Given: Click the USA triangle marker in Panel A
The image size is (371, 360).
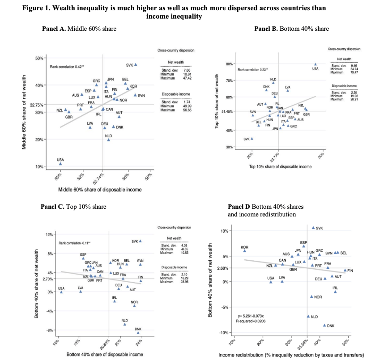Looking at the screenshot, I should pyautogui.click(x=60, y=164).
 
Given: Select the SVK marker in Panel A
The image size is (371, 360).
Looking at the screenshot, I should pyautogui.click(x=136, y=64).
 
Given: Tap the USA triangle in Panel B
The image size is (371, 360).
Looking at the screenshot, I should pyautogui.click(x=315, y=64).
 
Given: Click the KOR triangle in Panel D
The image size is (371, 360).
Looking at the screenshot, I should pyautogui.click(x=244, y=251).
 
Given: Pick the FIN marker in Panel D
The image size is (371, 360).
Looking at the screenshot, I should pyautogui.click(x=345, y=270).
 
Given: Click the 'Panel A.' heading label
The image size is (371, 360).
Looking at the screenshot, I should pyautogui.click(x=54, y=29).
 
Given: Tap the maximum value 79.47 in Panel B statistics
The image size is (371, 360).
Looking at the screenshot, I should pyautogui.click(x=355, y=72).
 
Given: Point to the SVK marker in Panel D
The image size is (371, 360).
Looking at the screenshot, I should pyautogui.click(x=313, y=228).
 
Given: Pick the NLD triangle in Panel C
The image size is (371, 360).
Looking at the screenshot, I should pyautogui.click(x=125, y=324).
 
